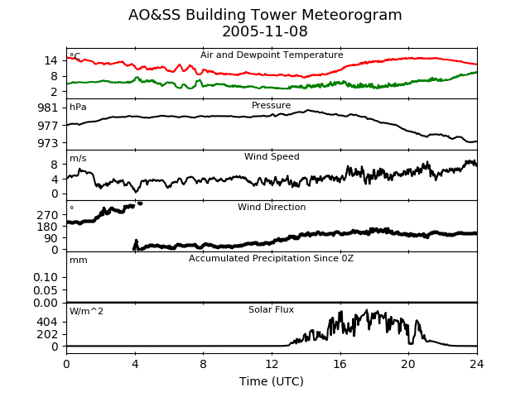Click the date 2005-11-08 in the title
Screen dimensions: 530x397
tap(265, 31)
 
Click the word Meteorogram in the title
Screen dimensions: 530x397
tap(351, 15)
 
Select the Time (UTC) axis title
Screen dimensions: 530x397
tap(272, 381)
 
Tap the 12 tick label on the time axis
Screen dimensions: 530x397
tap(272, 364)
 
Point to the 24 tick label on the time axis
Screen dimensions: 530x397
tap(477, 364)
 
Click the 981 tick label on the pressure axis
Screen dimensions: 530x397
tap(48, 108)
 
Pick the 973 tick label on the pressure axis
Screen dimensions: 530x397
tap(48, 143)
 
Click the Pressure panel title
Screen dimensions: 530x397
tap(271, 105)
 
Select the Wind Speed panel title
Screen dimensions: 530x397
tap(272, 156)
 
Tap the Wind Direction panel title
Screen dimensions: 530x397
tap(272, 207)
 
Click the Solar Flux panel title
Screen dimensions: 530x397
tap(271, 309)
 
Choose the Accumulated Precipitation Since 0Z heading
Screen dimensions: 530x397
tap(271, 258)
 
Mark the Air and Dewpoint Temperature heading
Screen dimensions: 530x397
tap(272, 55)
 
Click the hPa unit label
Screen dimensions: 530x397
tap(78, 108)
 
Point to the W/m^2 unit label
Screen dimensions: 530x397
tap(86, 311)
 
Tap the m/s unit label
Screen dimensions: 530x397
tap(78, 158)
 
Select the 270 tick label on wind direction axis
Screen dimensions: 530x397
tap(48, 215)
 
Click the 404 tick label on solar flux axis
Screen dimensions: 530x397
tap(48, 322)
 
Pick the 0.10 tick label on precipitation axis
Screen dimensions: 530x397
tap(46, 278)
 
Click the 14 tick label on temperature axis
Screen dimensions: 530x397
tap(51, 60)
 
